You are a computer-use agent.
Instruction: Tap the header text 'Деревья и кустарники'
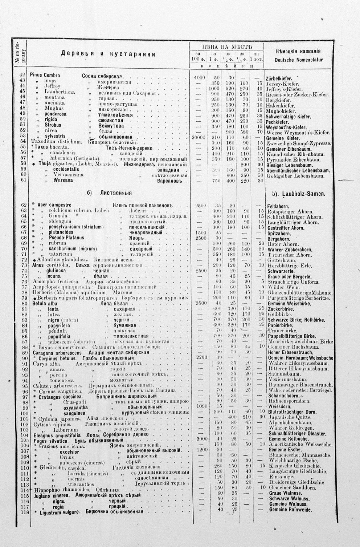tap(108, 54)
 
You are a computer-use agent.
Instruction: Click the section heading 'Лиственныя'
tap(116, 193)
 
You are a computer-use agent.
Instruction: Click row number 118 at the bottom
tap(24, 512)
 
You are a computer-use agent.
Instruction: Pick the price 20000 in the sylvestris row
tap(199, 137)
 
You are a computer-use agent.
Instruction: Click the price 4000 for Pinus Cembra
tap(199, 77)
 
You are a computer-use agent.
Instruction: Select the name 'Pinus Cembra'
tap(45, 75)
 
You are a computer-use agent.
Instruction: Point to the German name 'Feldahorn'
tap(278, 206)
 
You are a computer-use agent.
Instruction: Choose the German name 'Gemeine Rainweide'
tap(290, 510)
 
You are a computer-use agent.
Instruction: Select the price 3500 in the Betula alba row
tap(201, 303)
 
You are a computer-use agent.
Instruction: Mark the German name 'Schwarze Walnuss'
tap(289, 499)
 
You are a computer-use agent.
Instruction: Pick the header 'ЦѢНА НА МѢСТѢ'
tap(227, 47)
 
